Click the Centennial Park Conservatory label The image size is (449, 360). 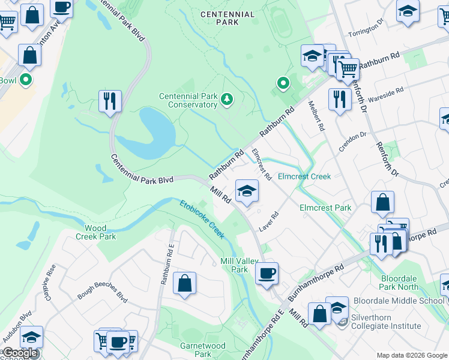(x=188, y=100)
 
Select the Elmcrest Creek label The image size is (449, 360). (x=304, y=176)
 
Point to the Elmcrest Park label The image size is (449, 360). (x=325, y=208)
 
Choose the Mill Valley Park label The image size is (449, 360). (x=234, y=265)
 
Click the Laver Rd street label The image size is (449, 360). (x=269, y=223)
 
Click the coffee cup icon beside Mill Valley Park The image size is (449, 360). (x=267, y=274)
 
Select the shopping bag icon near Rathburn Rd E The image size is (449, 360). (x=185, y=283)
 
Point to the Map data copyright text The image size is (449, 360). (x=411, y=355)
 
